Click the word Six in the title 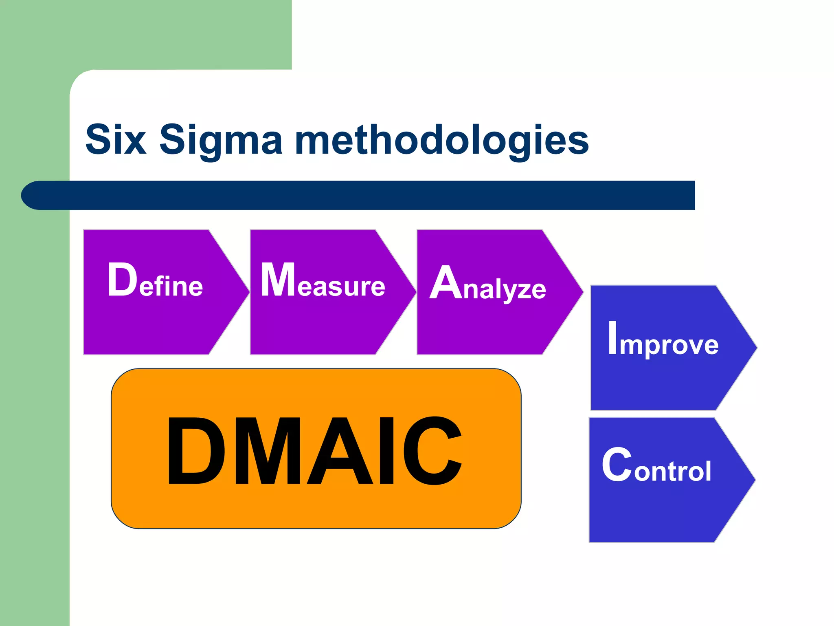point(116,139)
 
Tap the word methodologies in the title point(442,141)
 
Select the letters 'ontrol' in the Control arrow point(672,472)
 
